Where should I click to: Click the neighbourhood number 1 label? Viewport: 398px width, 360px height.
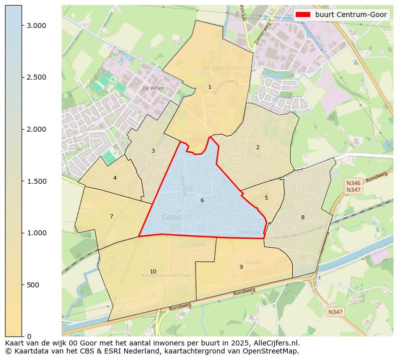210,87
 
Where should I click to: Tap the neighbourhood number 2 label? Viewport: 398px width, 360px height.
258,147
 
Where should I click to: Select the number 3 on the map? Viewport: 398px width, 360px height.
153,151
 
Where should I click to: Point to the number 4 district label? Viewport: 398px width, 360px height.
115,178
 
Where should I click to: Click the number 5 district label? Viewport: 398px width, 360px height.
266,198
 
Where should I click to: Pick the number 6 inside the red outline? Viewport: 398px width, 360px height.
202,200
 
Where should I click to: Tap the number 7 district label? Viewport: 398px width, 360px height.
111,216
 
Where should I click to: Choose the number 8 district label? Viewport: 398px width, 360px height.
303,217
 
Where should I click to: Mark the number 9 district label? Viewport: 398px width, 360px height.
241,267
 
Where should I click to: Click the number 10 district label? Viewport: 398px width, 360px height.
153,271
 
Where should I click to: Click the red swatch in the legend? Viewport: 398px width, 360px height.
303,15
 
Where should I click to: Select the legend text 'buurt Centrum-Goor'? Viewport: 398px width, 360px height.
351,15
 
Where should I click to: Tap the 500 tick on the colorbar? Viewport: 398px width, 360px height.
32,285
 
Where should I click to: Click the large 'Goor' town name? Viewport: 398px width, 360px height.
171,217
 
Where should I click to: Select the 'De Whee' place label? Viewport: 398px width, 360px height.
153,88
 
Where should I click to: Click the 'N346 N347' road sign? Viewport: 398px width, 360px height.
353,186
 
